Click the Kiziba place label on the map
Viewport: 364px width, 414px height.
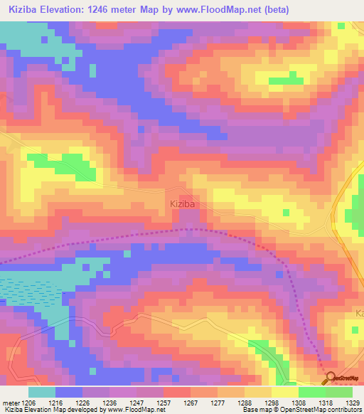(183, 203)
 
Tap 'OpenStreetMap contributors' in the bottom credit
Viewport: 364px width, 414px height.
(325, 410)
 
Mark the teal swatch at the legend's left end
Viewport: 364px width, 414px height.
(42, 392)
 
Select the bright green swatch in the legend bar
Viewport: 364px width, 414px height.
(311, 392)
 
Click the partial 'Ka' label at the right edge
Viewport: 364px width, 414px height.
(359, 313)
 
